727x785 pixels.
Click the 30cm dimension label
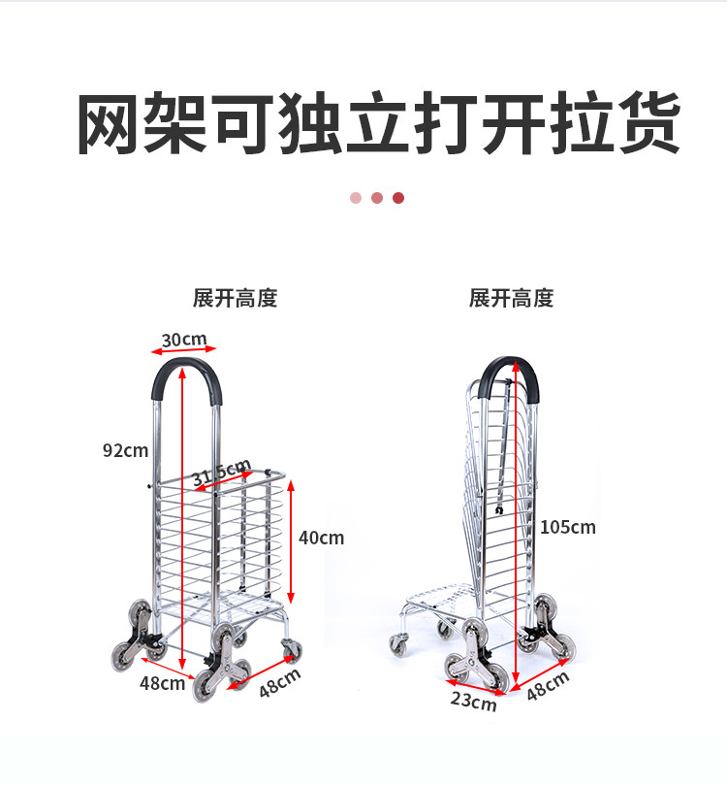click(x=184, y=340)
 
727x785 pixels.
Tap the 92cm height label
click(x=126, y=450)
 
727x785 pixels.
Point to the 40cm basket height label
click(x=321, y=538)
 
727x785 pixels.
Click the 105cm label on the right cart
click(x=568, y=527)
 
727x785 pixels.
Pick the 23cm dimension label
click(x=473, y=701)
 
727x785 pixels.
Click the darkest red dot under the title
click(x=398, y=198)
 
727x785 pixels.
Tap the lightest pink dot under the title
click(x=356, y=198)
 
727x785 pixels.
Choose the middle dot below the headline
click(x=377, y=198)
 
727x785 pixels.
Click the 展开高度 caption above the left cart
click(x=235, y=298)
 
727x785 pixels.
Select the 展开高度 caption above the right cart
click(x=511, y=298)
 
